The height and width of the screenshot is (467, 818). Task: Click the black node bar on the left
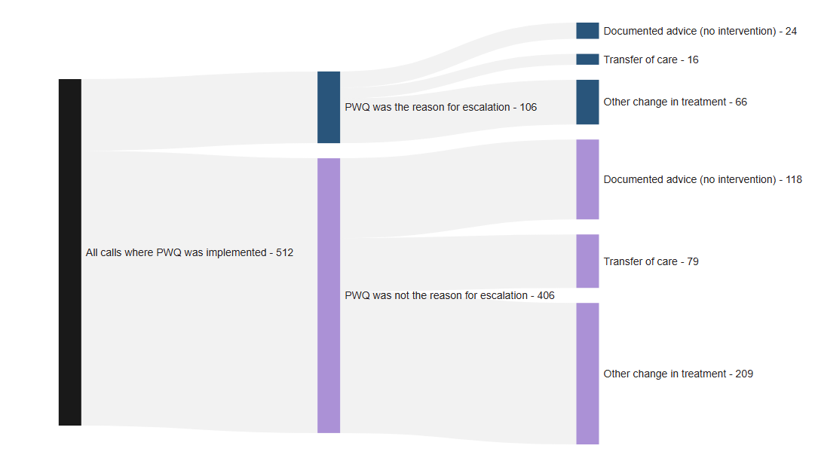[x=69, y=252]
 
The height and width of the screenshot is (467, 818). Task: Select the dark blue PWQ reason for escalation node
[x=329, y=107]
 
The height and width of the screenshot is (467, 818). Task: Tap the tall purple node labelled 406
[x=329, y=295]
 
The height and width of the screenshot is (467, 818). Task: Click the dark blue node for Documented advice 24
[x=587, y=31]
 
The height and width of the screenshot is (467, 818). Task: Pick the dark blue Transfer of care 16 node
[x=587, y=60]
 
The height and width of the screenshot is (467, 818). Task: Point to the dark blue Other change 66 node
[x=587, y=102]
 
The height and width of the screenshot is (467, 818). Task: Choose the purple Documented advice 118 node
[x=587, y=179]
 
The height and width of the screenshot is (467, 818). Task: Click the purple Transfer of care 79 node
[x=587, y=261]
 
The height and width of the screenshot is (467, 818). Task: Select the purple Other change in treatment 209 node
[x=587, y=374]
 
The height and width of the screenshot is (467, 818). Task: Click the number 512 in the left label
[x=284, y=253]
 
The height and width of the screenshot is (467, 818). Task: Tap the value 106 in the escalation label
[x=528, y=108]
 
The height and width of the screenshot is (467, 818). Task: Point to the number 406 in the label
[x=545, y=296]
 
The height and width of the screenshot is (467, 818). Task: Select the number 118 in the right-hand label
[x=792, y=180]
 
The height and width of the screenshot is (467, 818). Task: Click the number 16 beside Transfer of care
[x=692, y=60]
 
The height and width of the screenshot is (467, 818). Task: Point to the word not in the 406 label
[x=403, y=296]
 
